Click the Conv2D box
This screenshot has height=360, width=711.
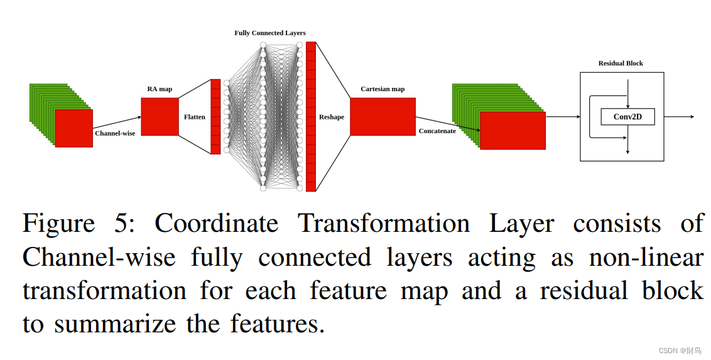coord(627,116)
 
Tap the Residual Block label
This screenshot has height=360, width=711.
coord(621,63)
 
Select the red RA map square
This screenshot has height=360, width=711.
coord(160,116)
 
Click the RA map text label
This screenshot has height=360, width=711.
coord(160,89)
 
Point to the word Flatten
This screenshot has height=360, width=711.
coord(195,117)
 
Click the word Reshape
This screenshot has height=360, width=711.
coord(332,117)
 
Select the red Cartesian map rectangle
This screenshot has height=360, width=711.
coord(383,116)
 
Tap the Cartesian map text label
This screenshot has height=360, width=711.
coord(383,89)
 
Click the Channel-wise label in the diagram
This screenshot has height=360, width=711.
coord(115,133)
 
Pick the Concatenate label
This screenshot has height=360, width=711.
coord(437,131)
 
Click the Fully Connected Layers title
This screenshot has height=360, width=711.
coord(270,33)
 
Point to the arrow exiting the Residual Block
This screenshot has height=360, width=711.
coord(679,117)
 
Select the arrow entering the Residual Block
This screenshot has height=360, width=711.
coord(562,117)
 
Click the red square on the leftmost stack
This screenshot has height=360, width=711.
coord(73,128)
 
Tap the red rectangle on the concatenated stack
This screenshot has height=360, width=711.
coord(513,131)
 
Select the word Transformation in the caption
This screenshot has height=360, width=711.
coord(383,224)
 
